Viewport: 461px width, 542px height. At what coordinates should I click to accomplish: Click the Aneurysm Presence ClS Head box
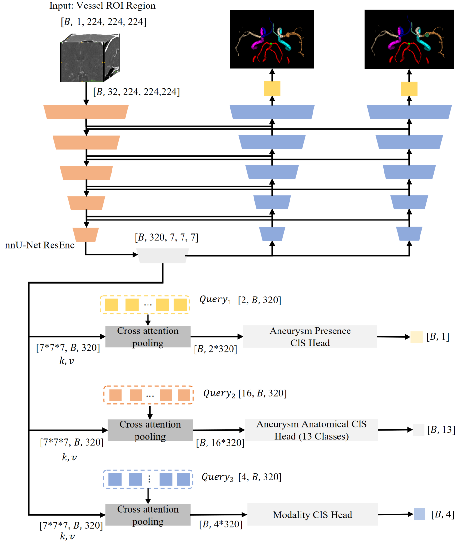click(x=310, y=337)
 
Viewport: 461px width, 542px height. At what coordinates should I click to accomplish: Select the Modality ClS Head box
click(x=312, y=514)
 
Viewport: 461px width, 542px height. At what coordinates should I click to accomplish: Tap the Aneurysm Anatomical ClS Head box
click(x=311, y=430)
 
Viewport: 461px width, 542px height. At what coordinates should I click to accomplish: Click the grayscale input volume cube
click(x=89, y=58)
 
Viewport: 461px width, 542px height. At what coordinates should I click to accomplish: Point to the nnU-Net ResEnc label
click(x=40, y=245)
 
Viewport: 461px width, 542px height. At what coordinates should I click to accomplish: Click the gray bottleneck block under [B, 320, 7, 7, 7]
click(x=162, y=256)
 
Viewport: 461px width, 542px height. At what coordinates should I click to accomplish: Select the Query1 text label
click(x=215, y=299)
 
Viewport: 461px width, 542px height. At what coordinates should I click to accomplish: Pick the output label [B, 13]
click(x=441, y=430)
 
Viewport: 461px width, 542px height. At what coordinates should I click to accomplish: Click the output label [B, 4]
click(x=443, y=514)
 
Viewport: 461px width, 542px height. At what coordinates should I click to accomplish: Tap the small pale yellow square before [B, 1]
click(x=417, y=337)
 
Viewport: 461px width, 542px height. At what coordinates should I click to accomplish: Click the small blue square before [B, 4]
click(x=419, y=514)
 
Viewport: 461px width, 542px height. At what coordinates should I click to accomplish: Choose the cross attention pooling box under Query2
click(x=150, y=430)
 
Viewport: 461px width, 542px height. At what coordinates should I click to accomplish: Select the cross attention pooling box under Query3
click(x=148, y=515)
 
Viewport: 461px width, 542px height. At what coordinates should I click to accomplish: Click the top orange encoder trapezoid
click(x=86, y=112)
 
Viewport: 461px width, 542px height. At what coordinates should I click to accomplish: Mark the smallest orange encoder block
click(x=86, y=234)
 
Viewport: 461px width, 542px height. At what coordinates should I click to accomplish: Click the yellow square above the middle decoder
click(x=272, y=88)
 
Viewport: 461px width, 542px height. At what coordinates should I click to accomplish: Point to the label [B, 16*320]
click(x=220, y=443)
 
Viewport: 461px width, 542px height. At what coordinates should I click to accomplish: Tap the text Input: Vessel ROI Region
click(x=102, y=6)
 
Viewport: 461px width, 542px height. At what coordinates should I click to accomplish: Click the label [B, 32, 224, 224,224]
click(x=136, y=92)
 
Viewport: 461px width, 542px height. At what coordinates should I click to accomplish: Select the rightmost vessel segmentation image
click(x=409, y=39)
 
